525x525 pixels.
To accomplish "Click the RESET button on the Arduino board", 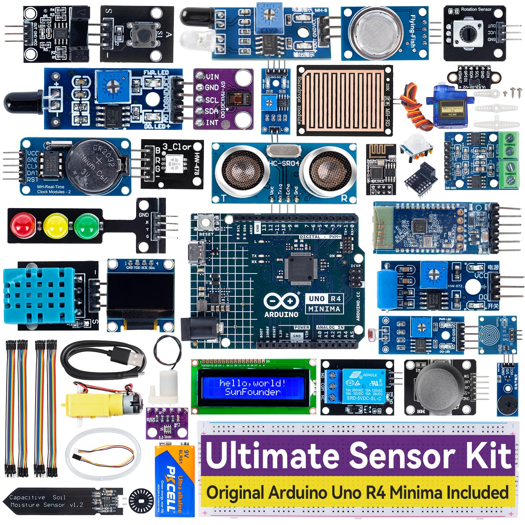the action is click(206, 223).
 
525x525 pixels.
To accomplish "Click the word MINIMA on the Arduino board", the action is click(324, 309).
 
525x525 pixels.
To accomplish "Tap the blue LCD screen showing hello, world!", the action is click(253, 388).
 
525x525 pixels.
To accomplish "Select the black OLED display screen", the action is click(140, 295).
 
